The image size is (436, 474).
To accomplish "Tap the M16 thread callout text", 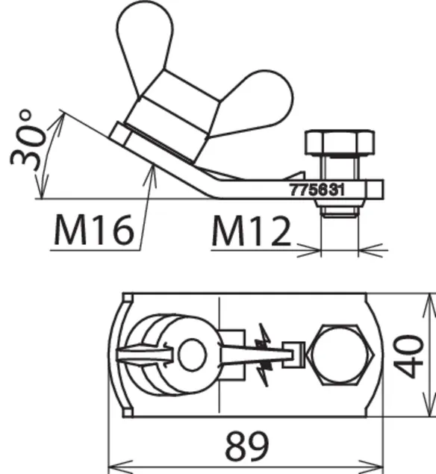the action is coord(94,229).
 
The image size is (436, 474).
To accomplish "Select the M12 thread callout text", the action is coord(251,231).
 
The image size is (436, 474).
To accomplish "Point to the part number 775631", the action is coord(317,190).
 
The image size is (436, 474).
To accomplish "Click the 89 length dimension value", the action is coord(247,446).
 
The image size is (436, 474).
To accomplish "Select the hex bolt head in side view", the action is coord(340,143).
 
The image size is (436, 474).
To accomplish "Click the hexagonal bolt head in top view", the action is coord(340,355).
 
